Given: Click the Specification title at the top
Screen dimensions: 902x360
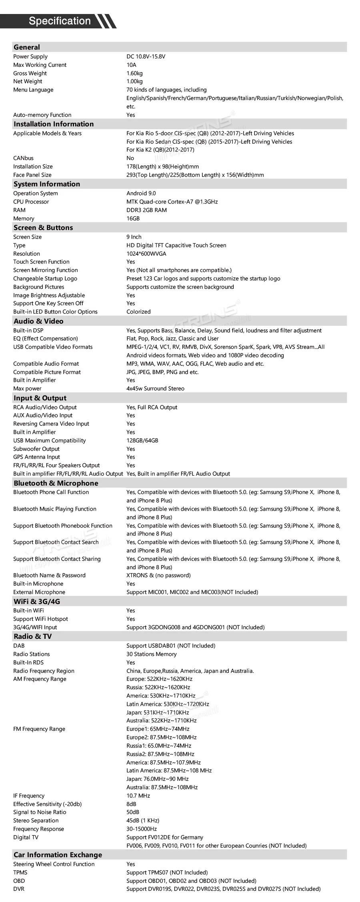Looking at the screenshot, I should point(60,21).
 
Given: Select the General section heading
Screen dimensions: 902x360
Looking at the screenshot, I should point(27,47).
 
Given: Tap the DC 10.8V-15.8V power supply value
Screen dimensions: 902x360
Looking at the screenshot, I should point(146,56).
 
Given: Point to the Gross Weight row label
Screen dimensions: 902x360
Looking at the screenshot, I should point(30,73).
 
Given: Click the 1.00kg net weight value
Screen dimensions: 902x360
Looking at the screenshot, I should point(134,81).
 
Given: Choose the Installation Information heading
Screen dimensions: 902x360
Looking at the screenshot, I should point(54,124).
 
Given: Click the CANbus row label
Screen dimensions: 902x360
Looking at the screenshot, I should point(23,158).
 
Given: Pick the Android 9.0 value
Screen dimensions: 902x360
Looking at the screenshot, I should point(141,193).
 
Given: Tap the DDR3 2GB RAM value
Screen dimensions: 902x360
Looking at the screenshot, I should point(146,210).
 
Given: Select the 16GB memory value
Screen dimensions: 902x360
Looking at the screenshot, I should point(133,218).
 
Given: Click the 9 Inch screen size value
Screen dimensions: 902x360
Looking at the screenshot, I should point(134,237).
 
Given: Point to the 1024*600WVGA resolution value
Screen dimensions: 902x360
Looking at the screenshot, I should point(146,254).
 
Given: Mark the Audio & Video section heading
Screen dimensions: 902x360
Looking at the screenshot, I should point(38,321).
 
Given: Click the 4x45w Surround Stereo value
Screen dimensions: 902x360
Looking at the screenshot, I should point(155,388).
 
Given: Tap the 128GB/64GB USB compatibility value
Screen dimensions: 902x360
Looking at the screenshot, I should point(142,440).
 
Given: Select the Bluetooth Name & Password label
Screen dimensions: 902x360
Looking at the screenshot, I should point(49,575).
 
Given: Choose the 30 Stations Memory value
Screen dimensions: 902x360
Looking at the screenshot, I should point(151,654).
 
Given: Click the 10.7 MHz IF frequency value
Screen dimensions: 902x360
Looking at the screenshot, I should point(138,796).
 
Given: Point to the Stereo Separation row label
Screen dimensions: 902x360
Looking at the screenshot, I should point(36,820).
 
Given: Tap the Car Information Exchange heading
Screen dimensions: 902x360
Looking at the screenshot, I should point(58,855).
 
